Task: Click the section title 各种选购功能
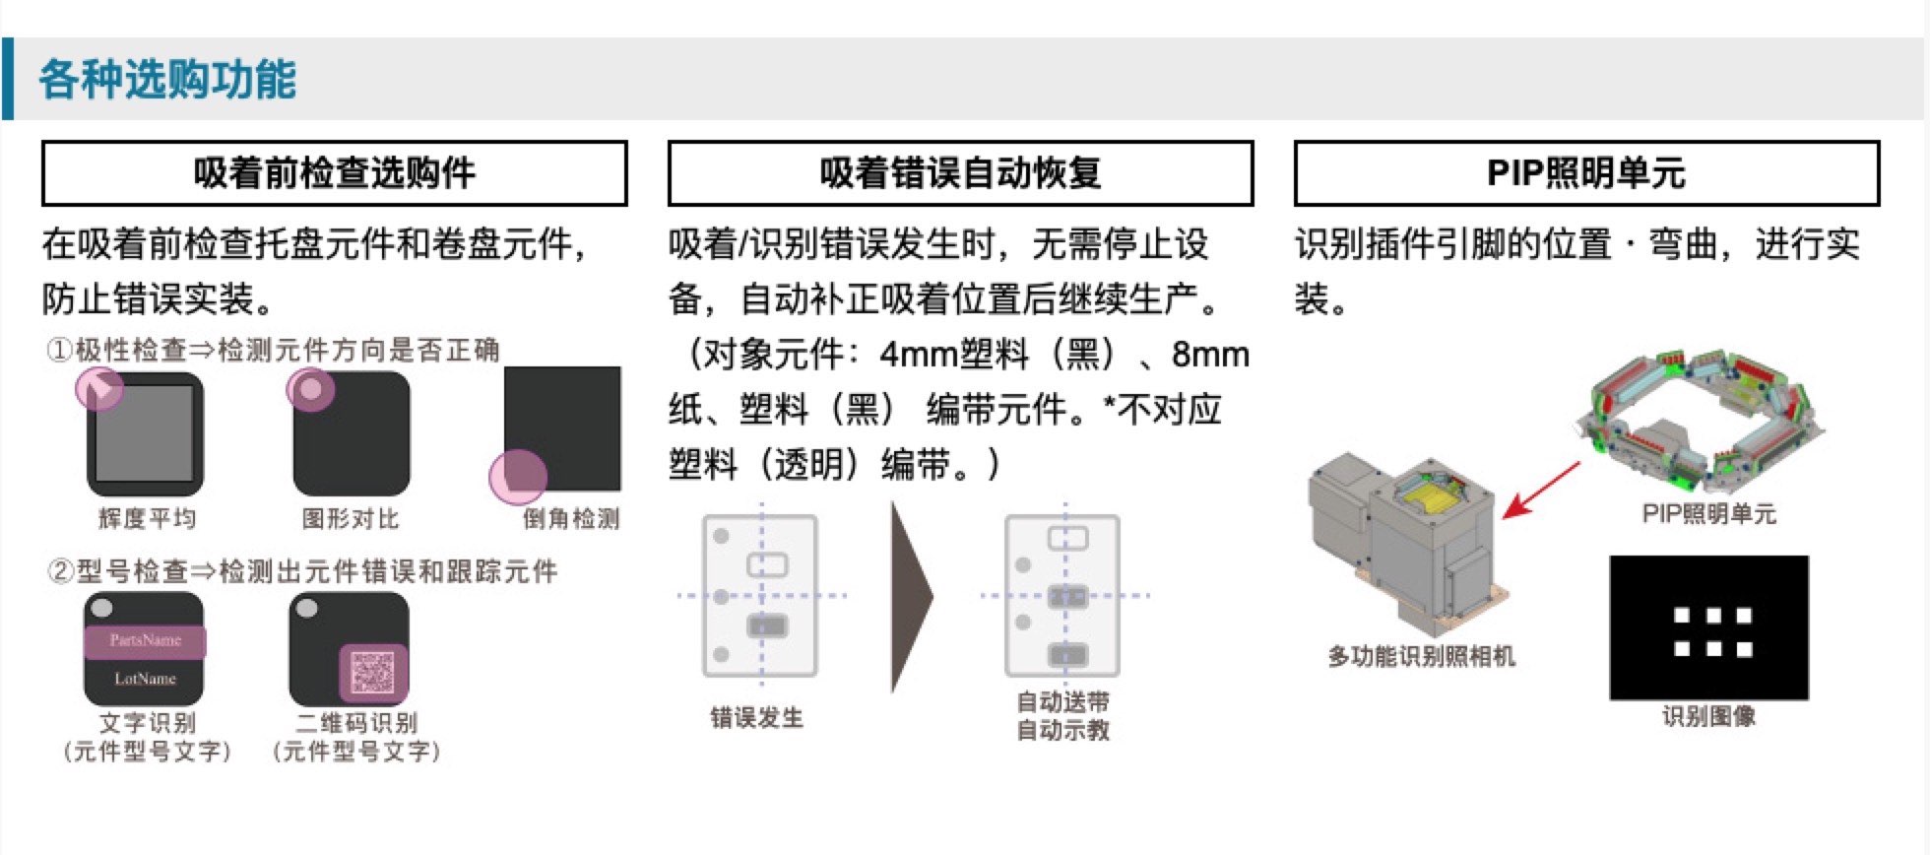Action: (167, 79)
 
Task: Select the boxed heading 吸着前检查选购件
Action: (335, 173)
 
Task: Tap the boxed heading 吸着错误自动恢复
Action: (960, 173)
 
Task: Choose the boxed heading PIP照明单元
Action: (1586, 173)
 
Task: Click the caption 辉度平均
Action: (147, 518)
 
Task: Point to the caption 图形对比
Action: (351, 518)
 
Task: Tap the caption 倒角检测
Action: (571, 518)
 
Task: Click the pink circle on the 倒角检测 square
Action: (518, 477)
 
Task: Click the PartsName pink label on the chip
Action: (145, 641)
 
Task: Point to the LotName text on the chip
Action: (145, 679)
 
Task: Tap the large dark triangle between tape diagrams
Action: (911, 597)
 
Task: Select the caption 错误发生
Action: (757, 718)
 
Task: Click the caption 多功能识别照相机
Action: (1421, 656)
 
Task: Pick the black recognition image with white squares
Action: (1709, 627)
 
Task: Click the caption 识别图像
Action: (1709, 716)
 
